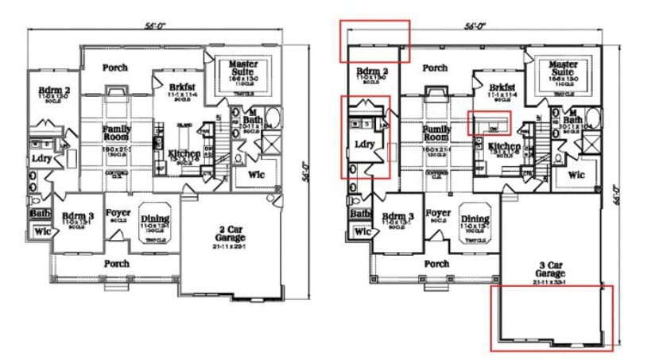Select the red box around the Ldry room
(x=365, y=137)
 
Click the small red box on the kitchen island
(x=490, y=123)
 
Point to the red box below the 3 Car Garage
(x=551, y=317)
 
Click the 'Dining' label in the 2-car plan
(x=155, y=219)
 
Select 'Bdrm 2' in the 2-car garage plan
(x=54, y=92)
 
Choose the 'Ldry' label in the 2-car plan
(x=41, y=158)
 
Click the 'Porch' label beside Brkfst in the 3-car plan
(x=435, y=68)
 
